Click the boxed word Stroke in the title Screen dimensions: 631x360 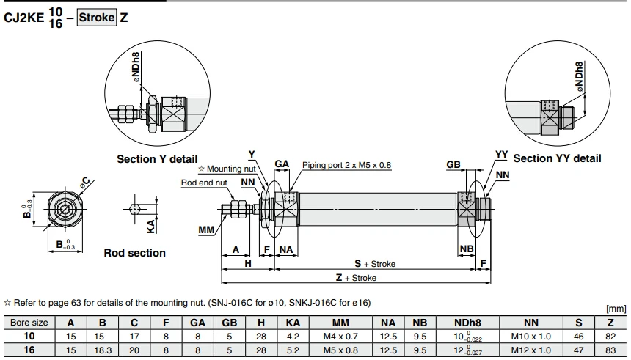pyautogui.click(x=97, y=18)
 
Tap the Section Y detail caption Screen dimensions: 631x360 pyautogui.click(x=157, y=159)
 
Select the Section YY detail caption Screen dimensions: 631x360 pyautogui.click(x=557, y=158)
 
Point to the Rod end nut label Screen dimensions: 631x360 pyautogui.click(x=204, y=183)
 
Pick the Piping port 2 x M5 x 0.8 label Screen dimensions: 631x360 pyautogui.click(x=346, y=165)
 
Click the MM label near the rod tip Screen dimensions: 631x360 pyautogui.click(x=206, y=230)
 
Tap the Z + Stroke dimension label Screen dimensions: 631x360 pyautogui.click(x=356, y=278)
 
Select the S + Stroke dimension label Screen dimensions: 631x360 pyautogui.click(x=375, y=264)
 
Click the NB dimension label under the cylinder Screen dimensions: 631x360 pyautogui.click(x=467, y=249)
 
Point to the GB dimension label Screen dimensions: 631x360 pyautogui.click(x=453, y=164)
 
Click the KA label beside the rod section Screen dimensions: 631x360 pyautogui.click(x=151, y=227)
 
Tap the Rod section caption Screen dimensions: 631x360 pyautogui.click(x=135, y=253)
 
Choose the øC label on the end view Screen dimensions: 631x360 pyautogui.click(x=84, y=183)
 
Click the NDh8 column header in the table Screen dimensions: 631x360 pyautogui.click(x=467, y=323)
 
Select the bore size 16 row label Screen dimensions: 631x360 pyautogui.click(x=29, y=350)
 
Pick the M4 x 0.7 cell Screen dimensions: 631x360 pyautogui.click(x=340, y=337)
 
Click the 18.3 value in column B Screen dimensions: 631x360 pyautogui.click(x=103, y=350)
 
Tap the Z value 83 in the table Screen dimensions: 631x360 pyautogui.click(x=610, y=350)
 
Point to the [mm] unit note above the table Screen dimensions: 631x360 pyautogui.click(x=616, y=309)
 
